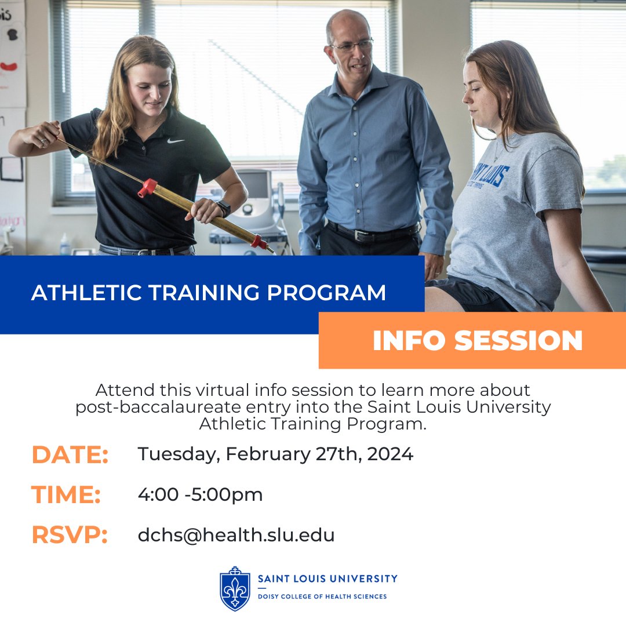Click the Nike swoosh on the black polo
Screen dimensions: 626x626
[x=176, y=140]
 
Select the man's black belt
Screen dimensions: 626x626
[x=371, y=233]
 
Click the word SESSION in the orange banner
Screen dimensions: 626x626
[x=518, y=341]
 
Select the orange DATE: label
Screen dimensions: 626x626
[x=70, y=454]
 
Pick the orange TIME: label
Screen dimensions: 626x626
[x=66, y=494]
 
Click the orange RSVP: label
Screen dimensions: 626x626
[x=70, y=535]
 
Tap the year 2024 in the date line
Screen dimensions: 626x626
[x=390, y=454]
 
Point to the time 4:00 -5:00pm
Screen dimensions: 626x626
[x=200, y=494]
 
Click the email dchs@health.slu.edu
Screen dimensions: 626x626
[x=236, y=535]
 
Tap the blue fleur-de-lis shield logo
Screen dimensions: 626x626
[x=235, y=588]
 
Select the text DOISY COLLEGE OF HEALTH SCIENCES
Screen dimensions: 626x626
[x=322, y=596]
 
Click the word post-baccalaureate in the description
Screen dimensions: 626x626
[x=152, y=407]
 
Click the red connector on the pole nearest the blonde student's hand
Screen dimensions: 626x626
[x=147, y=187]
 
